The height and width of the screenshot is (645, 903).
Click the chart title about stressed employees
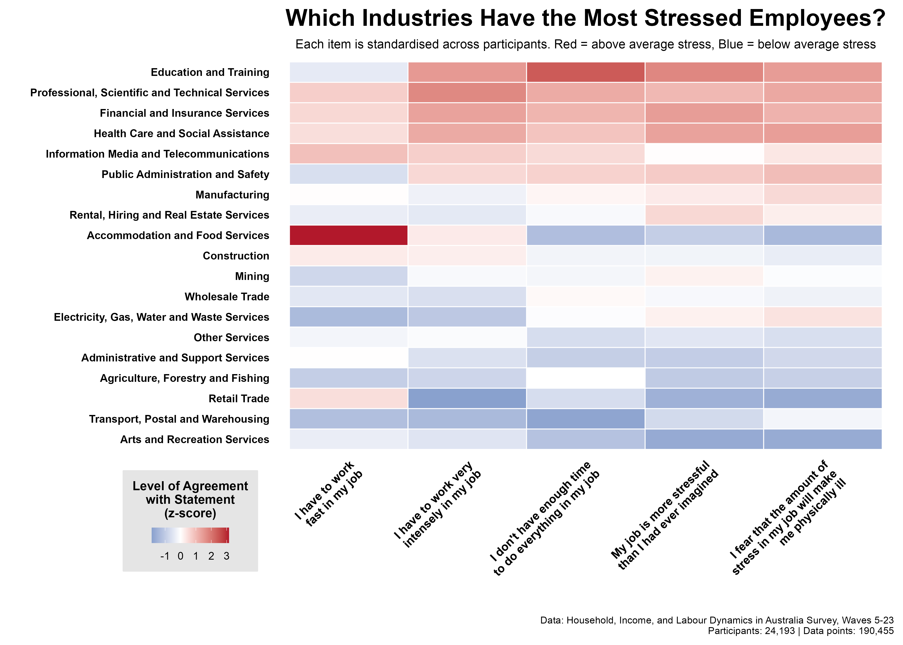585,18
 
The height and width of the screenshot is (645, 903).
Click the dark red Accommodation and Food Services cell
348,235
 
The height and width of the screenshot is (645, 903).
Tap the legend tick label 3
226,556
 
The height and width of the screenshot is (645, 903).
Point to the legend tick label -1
165,556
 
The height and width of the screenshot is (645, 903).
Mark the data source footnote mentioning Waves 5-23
717,620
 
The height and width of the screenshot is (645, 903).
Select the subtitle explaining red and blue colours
585,44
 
